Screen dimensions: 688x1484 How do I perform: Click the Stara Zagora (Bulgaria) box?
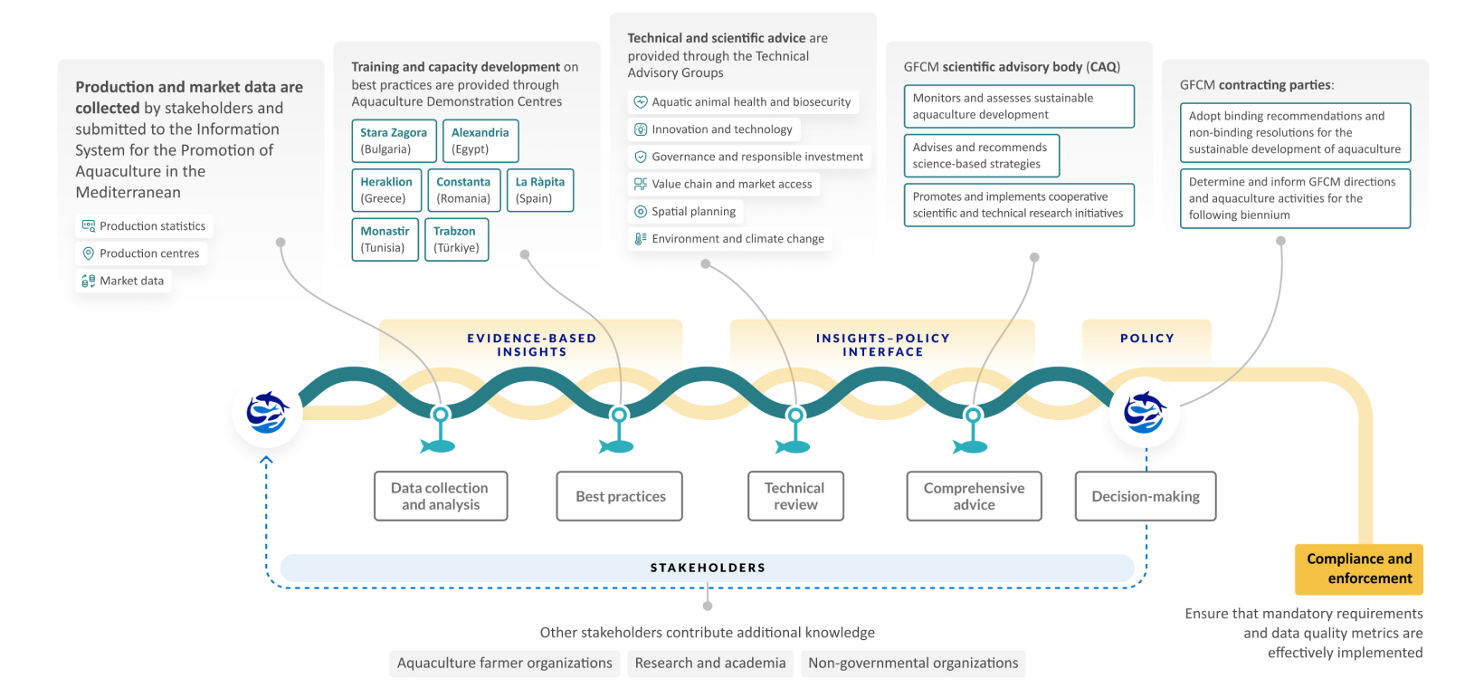click(394, 140)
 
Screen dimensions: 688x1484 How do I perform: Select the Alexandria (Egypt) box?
click(480, 140)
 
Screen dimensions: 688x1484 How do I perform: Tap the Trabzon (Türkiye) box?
click(455, 239)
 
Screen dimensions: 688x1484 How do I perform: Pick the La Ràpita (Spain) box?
click(540, 190)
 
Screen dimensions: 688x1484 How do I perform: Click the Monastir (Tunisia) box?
click(385, 239)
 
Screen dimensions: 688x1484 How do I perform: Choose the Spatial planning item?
click(685, 211)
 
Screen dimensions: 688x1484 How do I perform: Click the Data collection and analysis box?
click(441, 496)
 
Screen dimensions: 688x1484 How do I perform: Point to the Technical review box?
click(795, 496)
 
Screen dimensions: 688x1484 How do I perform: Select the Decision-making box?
click(1146, 496)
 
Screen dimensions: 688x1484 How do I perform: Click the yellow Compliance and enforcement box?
click(1359, 569)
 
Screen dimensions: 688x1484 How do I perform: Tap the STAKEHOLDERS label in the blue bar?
click(708, 568)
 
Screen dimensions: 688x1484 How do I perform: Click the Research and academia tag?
click(710, 663)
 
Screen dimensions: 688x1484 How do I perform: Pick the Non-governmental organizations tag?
click(913, 663)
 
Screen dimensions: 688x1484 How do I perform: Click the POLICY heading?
click(1147, 339)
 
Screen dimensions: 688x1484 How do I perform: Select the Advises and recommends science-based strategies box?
click(981, 156)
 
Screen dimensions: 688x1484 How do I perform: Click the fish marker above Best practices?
click(618, 444)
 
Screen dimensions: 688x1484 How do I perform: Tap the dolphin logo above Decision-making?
click(1145, 413)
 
